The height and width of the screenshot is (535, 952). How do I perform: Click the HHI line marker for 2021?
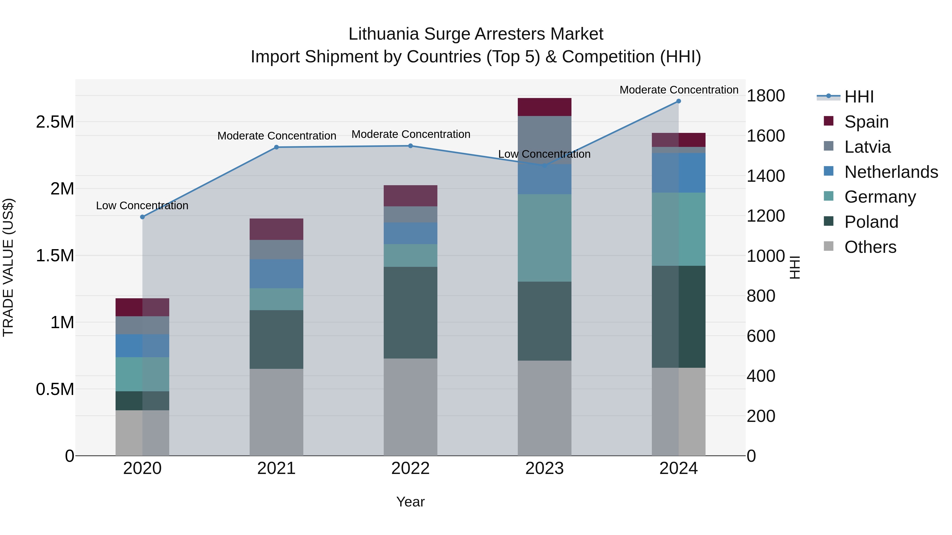point(276,147)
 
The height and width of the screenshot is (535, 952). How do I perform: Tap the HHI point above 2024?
point(679,101)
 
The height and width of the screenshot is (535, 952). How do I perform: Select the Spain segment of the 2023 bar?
point(544,107)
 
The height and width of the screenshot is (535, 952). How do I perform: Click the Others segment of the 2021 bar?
point(276,412)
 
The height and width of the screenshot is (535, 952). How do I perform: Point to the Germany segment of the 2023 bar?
point(544,238)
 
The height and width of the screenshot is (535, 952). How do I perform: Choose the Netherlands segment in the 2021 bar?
point(276,274)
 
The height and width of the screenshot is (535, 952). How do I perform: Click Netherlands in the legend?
point(891,172)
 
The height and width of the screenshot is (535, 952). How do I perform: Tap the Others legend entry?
point(870,247)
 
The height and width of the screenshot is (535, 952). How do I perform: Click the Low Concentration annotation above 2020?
point(142,205)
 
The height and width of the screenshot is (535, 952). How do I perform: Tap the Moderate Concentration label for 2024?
point(679,90)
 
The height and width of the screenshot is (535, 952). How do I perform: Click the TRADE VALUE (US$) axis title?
point(8,267)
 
